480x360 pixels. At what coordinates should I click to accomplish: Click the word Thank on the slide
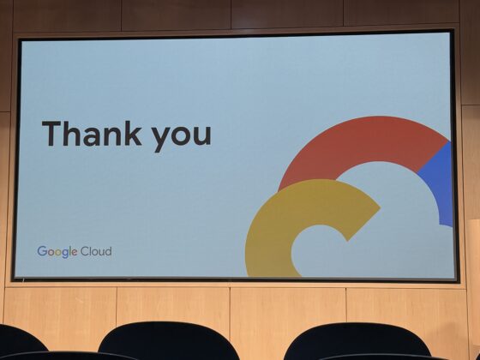92,133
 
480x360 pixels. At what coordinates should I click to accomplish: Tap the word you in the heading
182,137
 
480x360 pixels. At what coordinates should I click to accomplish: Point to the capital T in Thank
51,134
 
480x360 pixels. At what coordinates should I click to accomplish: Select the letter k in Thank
134,133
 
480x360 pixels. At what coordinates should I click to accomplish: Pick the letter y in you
161,138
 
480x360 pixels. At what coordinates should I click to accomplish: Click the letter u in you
202,135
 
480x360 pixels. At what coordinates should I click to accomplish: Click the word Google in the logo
57,252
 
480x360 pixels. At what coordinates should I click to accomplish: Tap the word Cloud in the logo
96,251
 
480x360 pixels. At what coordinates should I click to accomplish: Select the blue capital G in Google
42,251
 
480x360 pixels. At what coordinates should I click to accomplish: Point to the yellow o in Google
57,253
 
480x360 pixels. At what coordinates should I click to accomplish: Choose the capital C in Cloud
85,252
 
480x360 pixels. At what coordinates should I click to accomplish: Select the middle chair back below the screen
169,339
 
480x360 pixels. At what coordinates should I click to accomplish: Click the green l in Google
70,251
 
